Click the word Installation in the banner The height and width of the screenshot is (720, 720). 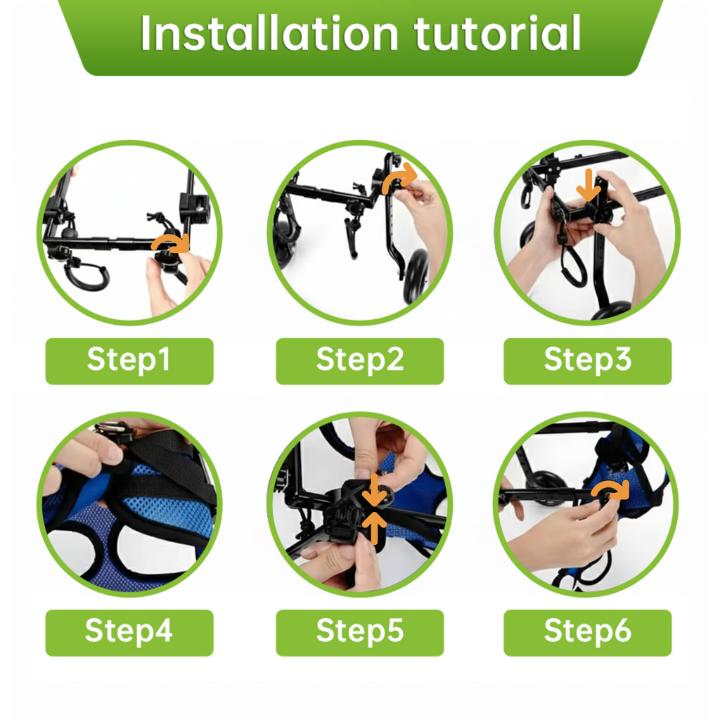click(x=269, y=33)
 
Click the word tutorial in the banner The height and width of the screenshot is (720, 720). click(x=497, y=33)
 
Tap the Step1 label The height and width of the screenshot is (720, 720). click(x=129, y=360)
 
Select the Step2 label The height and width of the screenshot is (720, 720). click(x=359, y=360)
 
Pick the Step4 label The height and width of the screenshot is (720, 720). click(x=129, y=631)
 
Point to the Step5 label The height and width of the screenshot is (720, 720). click(x=359, y=631)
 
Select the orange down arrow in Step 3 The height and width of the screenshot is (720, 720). click(x=589, y=185)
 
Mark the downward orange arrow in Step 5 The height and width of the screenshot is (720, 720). click(x=375, y=490)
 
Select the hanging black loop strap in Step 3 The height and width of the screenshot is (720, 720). click(x=572, y=266)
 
